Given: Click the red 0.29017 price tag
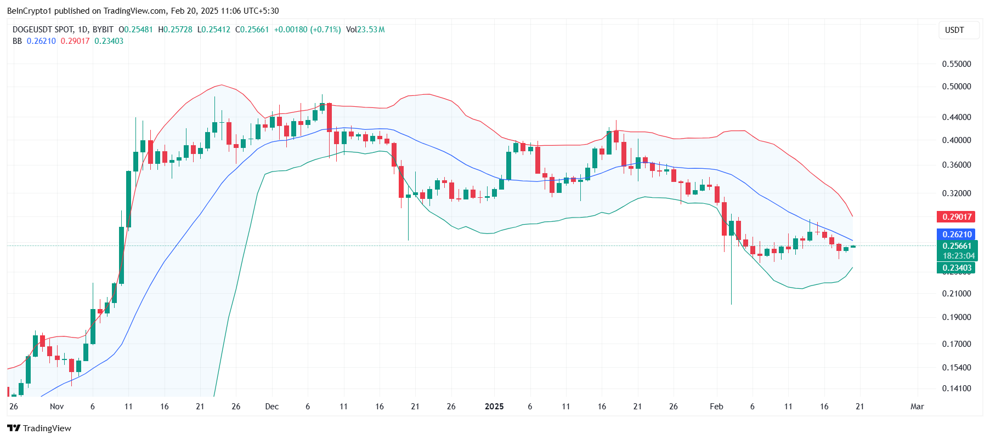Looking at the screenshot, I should [x=956, y=217].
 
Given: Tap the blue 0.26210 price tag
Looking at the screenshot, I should [x=956, y=235].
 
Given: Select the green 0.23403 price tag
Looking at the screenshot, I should [x=956, y=268].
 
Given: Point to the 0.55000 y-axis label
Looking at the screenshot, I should [x=956, y=64].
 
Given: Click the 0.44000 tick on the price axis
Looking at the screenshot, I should [x=956, y=117].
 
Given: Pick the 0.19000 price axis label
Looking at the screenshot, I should [x=956, y=317].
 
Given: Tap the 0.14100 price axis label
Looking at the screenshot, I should [x=956, y=388].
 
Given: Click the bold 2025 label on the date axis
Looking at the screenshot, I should [x=494, y=407].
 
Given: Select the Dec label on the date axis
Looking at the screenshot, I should [x=271, y=407].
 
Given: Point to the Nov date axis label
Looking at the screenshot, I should [x=56, y=407].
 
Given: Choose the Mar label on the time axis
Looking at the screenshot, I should [x=917, y=407].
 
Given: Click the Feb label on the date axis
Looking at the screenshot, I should [x=716, y=407].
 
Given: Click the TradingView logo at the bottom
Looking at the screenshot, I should [x=39, y=428].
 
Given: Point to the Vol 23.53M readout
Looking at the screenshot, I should [x=365, y=30].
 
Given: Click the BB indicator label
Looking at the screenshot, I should [x=17, y=41].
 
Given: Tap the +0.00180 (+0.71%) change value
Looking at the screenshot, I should [x=307, y=30].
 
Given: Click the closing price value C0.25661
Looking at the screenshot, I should [x=252, y=30].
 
